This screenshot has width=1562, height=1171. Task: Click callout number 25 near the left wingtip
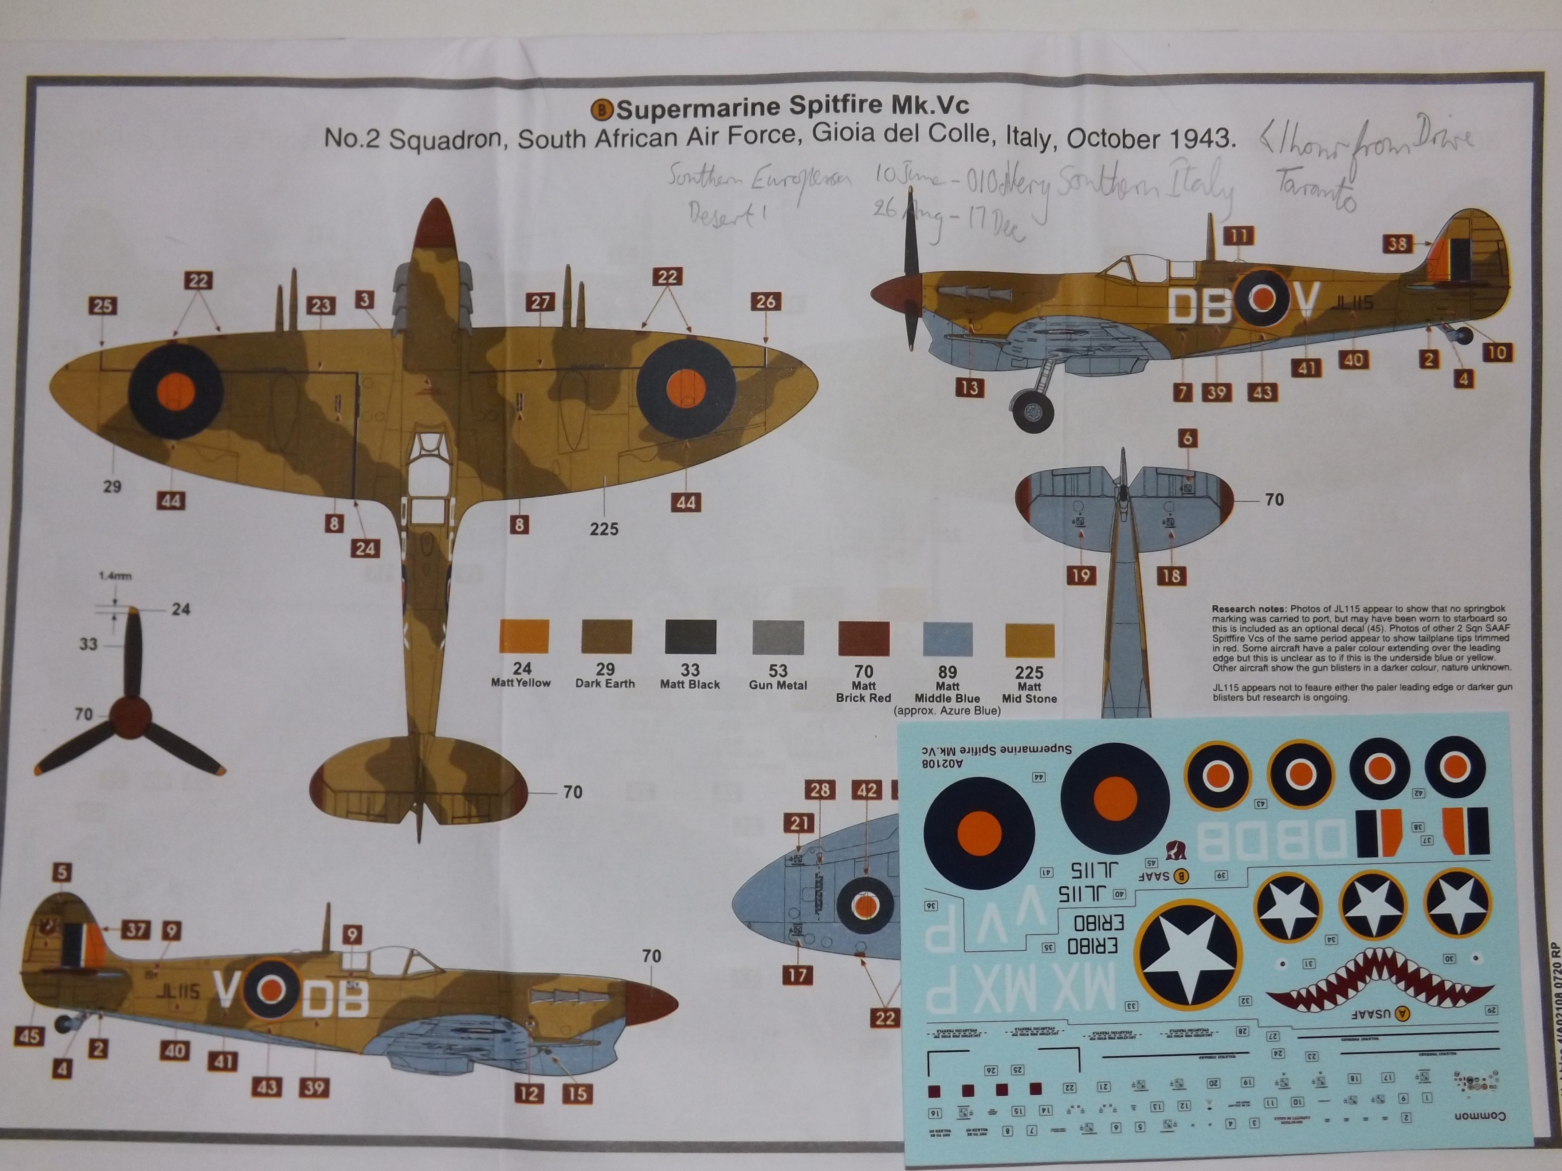(103, 305)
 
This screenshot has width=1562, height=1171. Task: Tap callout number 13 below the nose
(970, 387)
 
